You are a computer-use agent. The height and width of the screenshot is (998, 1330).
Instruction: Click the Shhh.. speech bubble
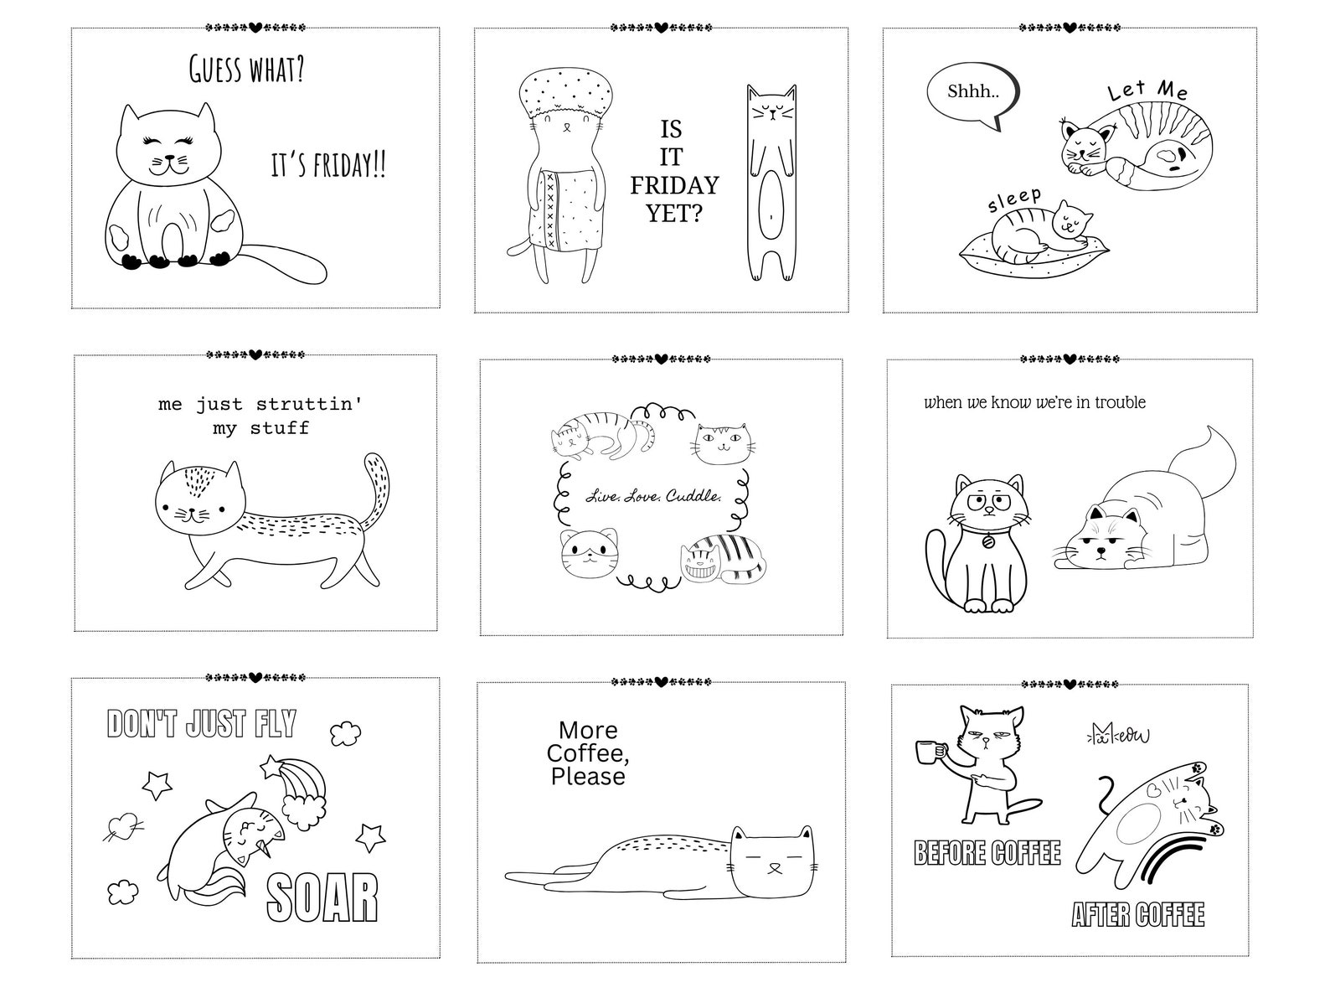(972, 92)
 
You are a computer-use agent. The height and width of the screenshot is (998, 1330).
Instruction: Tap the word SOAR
(322, 899)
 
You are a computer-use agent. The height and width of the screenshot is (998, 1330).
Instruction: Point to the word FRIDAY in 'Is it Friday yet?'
(674, 185)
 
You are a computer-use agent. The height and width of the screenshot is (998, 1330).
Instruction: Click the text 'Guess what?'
(246, 69)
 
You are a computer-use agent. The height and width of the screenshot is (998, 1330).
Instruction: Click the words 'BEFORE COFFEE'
(987, 853)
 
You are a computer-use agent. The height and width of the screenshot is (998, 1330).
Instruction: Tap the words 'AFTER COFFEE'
(1138, 913)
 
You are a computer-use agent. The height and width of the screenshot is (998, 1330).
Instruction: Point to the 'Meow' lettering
(1118, 735)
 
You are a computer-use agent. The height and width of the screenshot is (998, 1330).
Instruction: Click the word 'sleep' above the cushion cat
(1014, 200)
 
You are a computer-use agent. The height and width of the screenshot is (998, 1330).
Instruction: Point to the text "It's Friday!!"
(328, 165)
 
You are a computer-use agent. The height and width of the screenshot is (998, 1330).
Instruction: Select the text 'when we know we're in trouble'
(1034, 402)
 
